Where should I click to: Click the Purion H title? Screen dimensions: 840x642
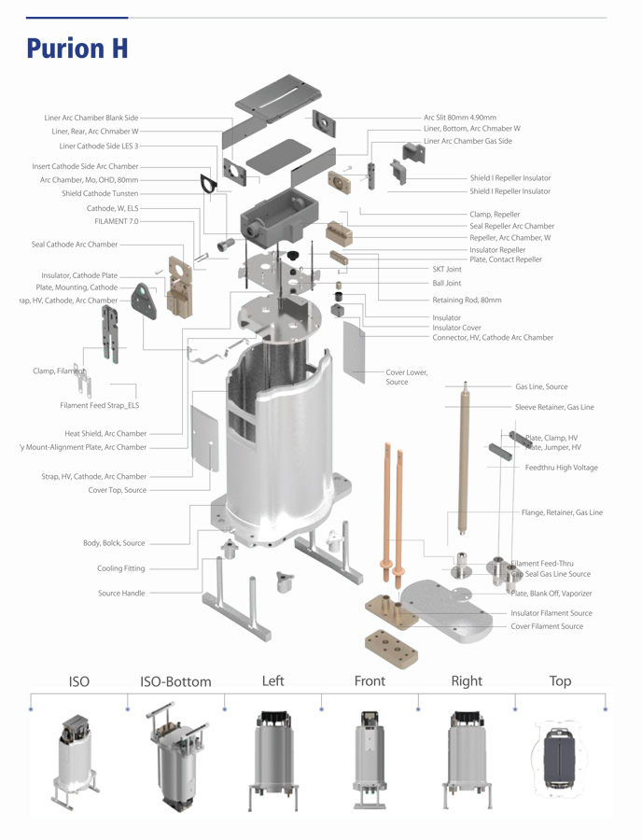coord(77,48)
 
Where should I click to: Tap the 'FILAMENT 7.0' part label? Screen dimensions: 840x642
coord(116,221)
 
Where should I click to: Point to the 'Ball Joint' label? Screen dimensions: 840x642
coord(446,283)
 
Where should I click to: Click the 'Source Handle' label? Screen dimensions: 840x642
coord(121,593)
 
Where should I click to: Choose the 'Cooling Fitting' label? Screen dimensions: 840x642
coord(121,568)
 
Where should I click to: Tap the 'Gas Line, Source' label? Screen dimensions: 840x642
coord(541,386)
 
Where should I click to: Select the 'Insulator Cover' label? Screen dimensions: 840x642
coord(456,328)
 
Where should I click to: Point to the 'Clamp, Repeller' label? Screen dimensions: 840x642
coord(495,214)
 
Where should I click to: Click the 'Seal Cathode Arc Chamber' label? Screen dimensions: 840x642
coord(75,245)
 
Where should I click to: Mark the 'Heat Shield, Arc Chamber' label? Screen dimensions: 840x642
coord(105,433)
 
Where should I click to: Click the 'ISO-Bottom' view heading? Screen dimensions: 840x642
coord(175,682)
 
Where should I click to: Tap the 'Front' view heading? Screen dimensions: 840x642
coord(370,681)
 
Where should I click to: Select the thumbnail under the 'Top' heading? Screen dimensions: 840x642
coord(560,757)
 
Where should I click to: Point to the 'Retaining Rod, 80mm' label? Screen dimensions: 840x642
coord(467,301)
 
